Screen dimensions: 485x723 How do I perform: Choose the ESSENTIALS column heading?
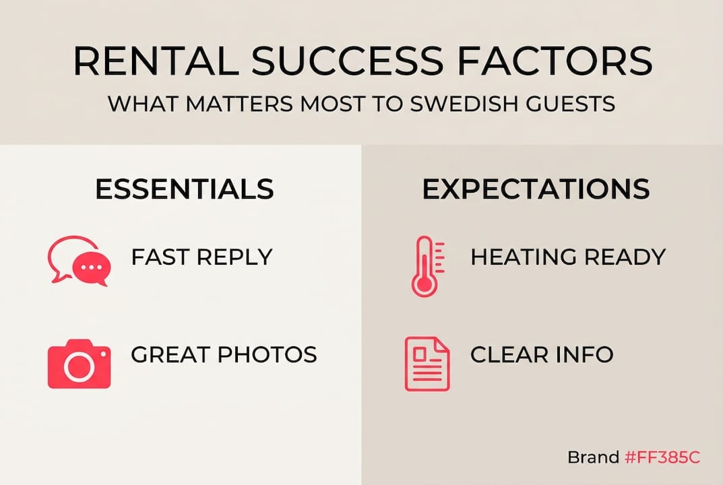(x=185, y=189)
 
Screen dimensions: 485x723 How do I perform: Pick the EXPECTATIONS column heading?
(x=536, y=189)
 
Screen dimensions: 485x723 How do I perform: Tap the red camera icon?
(x=79, y=363)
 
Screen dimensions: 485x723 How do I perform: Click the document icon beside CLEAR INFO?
(x=427, y=363)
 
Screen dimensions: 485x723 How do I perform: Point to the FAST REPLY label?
(x=201, y=257)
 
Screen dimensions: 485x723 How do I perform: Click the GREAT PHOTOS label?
(x=224, y=354)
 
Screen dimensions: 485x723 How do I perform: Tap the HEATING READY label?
(x=568, y=257)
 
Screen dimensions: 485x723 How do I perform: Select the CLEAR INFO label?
(x=542, y=354)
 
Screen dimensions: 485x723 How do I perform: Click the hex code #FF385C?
(x=662, y=457)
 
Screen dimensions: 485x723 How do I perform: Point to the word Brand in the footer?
(x=593, y=457)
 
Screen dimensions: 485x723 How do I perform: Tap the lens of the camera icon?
(x=79, y=366)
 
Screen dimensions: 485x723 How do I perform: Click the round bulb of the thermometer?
(x=424, y=284)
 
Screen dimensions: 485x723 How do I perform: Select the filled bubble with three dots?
(x=92, y=269)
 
